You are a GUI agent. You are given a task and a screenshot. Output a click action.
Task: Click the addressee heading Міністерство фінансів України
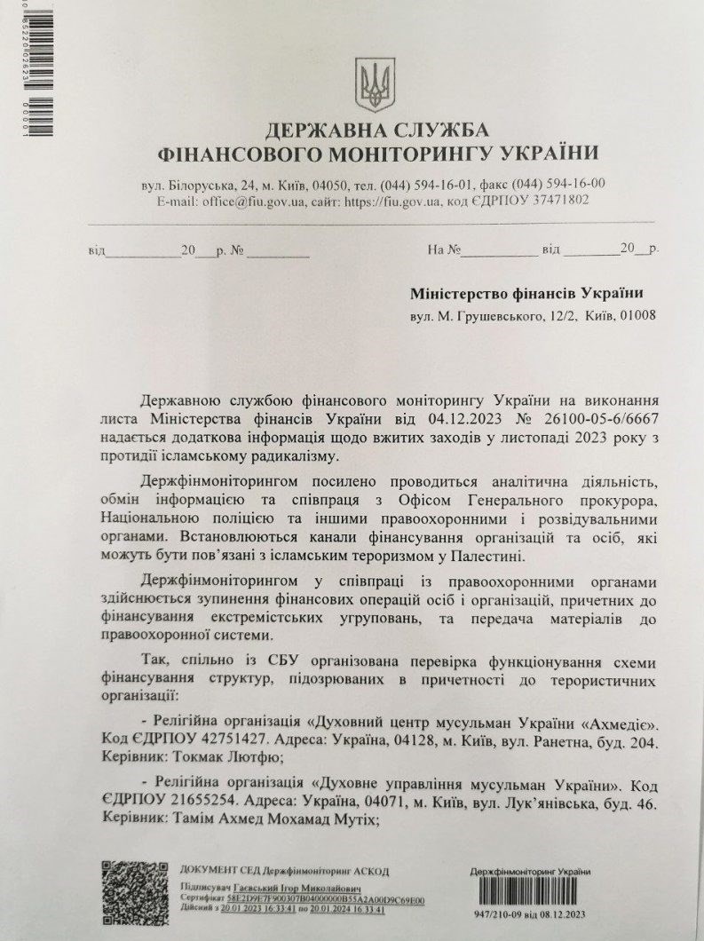[x=527, y=293]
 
